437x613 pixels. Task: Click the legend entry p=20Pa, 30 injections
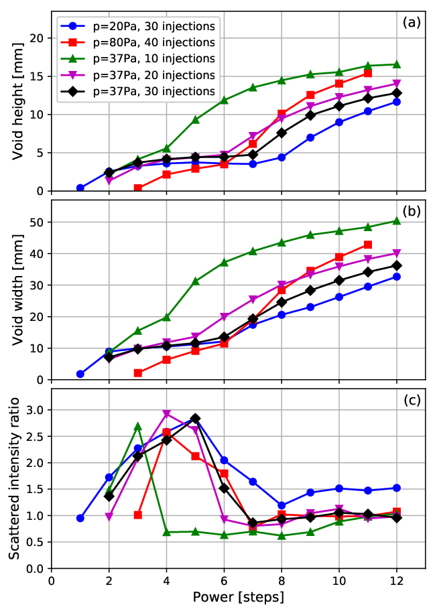tap(137, 26)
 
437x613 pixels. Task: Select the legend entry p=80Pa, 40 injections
tap(137, 42)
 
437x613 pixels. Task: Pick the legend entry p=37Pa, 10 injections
tap(137, 59)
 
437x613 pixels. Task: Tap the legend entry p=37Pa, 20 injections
tap(137, 75)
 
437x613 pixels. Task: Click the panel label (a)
tap(412, 23)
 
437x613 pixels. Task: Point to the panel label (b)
tap(412, 211)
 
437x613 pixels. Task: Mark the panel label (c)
tap(412, 401)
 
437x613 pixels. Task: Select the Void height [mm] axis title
tap(17, 101)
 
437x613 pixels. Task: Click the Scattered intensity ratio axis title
tap(14, 478)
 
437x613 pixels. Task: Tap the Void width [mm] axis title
tap(17, 290)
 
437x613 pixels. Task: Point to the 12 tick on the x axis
tap(396, 580)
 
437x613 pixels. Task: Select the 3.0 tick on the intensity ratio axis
tap(38, 410)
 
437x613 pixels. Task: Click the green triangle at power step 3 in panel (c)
tap(137, 426)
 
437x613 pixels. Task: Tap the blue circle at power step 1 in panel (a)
tap(80, 188)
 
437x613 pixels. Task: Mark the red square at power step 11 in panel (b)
tap(368, 245)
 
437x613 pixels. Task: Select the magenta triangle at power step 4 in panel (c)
tap(166, 413)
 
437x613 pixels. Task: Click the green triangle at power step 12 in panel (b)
tap(396, 221)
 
